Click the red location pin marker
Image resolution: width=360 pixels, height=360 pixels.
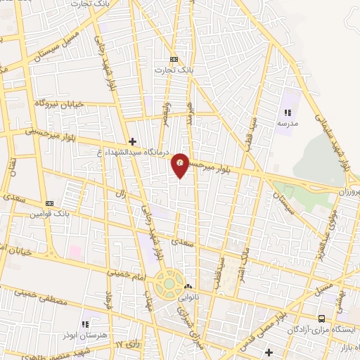(181, 164)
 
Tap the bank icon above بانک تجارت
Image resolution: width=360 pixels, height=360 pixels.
(174, 60)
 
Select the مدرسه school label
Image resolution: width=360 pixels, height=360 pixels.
(288, 123)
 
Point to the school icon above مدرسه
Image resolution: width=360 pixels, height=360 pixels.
(287, 112)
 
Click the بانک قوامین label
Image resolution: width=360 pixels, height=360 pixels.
(49, 214)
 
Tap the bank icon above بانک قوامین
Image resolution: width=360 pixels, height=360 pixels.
(49, 203)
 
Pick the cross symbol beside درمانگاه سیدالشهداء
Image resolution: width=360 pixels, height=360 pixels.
(132, 141)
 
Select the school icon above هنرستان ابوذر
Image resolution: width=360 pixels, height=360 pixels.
(85, 324)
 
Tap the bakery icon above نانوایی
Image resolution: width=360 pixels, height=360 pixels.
(188, 287)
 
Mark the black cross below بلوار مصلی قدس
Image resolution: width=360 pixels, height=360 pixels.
(269, 351)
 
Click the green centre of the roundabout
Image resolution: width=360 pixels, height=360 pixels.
(169, 284)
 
